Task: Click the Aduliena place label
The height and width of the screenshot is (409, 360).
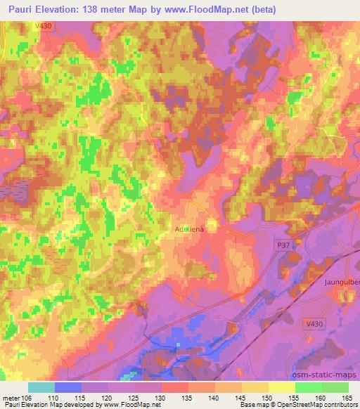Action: pos(189,229)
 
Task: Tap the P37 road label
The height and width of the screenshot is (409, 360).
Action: pos(281,243)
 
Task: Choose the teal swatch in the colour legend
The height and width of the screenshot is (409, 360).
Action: pos(41,387)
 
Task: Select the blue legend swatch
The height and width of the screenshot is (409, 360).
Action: pos(68,387)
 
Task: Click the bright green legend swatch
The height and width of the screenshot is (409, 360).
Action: pos(309,387)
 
